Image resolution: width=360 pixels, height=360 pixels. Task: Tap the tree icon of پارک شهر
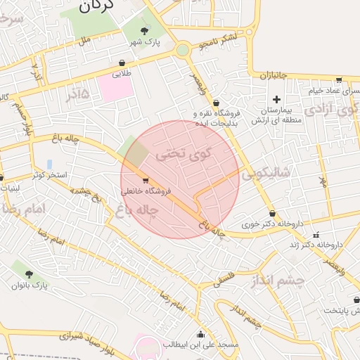pos(145,30)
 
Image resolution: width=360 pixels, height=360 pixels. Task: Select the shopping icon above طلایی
pos(122,62)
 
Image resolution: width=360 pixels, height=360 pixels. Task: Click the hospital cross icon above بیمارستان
pos(276,99)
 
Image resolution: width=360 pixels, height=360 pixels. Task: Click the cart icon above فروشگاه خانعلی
pos(146,179)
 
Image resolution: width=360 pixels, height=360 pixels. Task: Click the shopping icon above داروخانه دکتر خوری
pos(272,214)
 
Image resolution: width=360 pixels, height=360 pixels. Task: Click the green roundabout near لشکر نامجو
pos(183,50)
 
